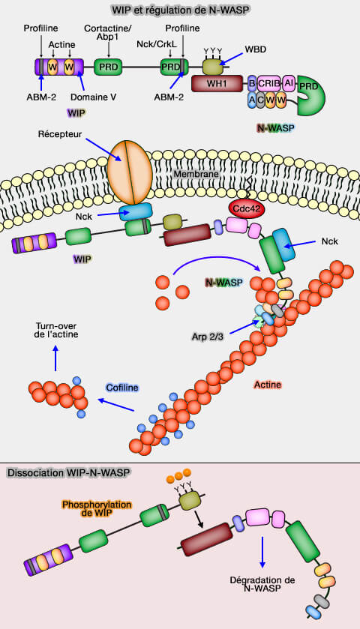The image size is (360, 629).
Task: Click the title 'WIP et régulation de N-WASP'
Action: (x=180, y=10)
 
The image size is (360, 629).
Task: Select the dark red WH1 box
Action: (x=216, y=83)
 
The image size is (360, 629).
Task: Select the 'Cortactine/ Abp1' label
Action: (x=109, y=33)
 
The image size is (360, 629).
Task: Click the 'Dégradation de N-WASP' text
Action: (x=263, y=586)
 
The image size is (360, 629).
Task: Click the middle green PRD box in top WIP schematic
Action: (x=109, y=67)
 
